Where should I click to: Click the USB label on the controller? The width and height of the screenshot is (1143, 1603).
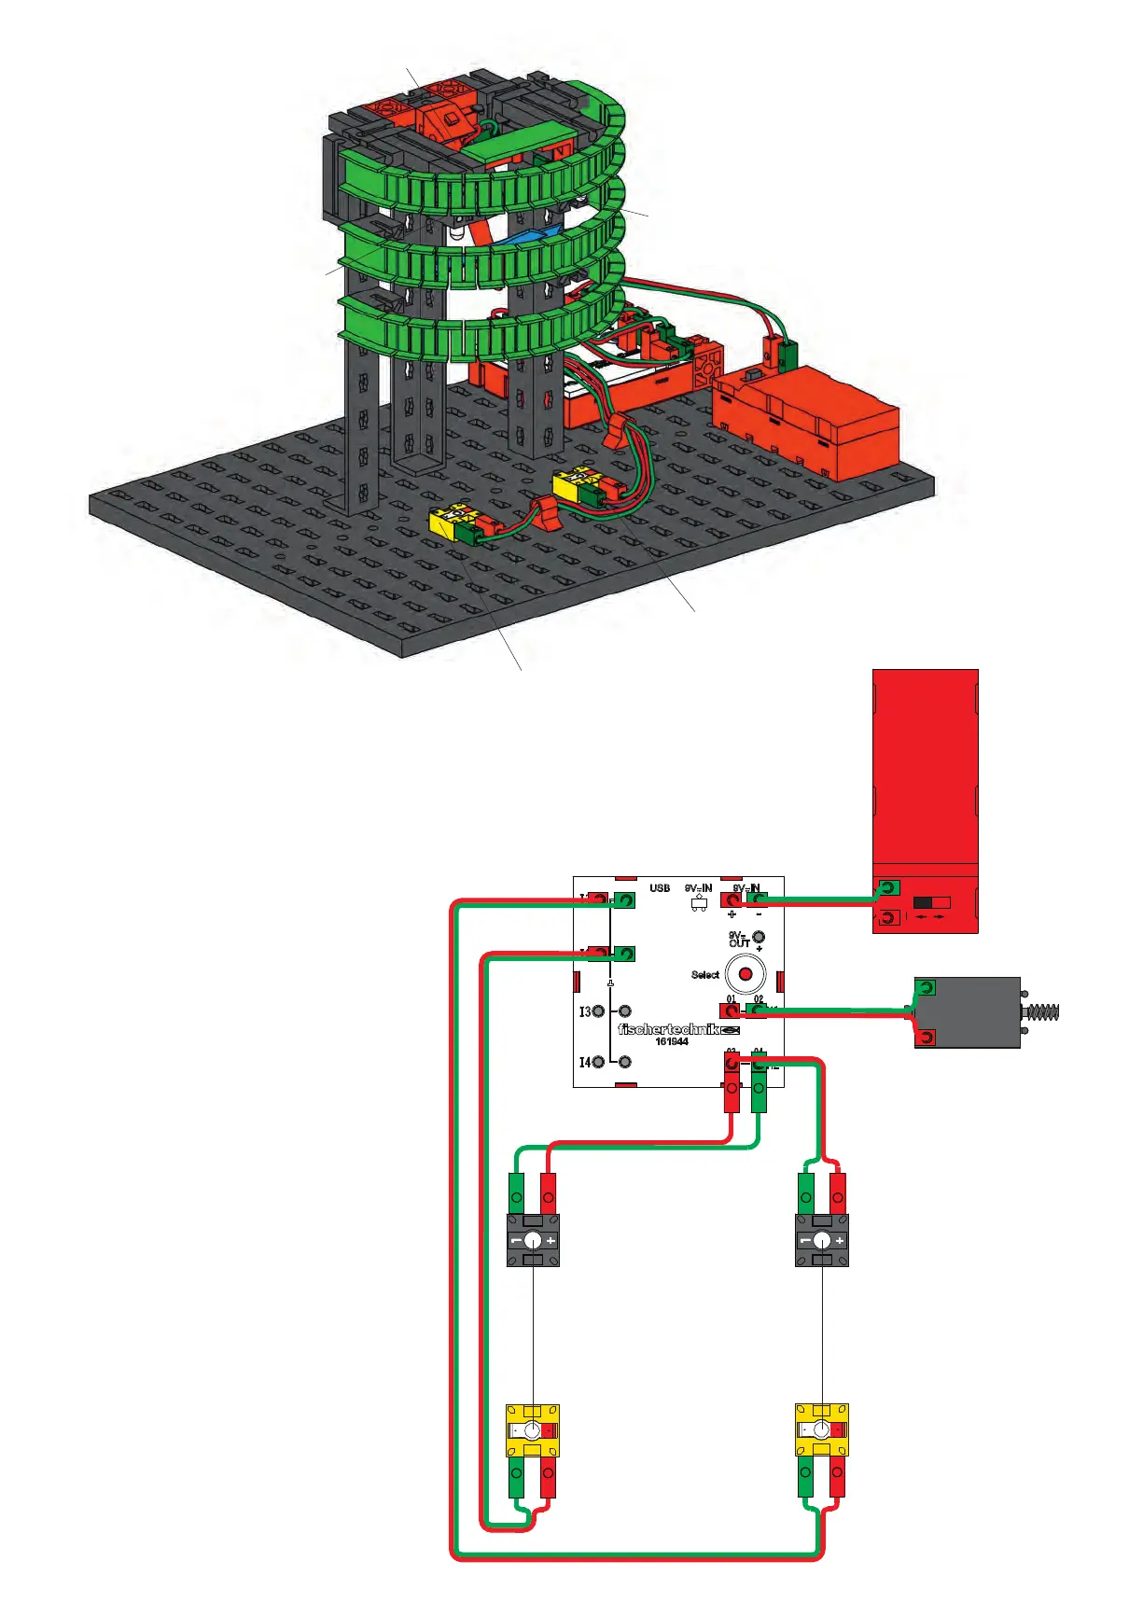click(x=660, y=888)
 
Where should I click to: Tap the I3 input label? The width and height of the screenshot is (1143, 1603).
click(x=585, y=1011)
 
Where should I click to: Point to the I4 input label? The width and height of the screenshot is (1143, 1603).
click(x=585, y=1062)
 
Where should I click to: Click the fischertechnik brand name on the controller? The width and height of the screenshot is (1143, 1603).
click(x=668, y=1029)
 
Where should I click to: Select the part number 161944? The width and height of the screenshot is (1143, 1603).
click(x=672, y=1041)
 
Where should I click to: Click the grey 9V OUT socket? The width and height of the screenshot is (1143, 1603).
click(x=759, y=937)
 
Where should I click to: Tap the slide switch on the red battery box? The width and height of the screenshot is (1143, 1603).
click(x=930, y=903)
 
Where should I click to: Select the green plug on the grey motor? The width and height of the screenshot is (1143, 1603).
click(x=926, y=988)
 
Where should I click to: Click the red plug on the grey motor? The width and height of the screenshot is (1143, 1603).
click(x=926, y=1037)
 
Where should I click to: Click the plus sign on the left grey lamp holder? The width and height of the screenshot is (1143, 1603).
click(x=551, y=1241)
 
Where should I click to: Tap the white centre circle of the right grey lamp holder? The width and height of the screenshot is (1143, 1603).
click(x=821, y=1241)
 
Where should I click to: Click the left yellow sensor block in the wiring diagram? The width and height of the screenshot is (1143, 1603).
click(x=533, y=1430)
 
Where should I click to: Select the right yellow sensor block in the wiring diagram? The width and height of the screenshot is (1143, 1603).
click(x=821, y=1430)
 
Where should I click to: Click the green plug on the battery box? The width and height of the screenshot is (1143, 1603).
click(x=889, y=887)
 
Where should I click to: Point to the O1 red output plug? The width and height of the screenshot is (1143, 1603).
click(x=731, y=1011)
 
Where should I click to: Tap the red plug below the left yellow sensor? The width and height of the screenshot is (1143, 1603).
click(x=548, y=1479)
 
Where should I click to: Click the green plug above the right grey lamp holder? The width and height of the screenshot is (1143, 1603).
click(x=806, y=1192)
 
